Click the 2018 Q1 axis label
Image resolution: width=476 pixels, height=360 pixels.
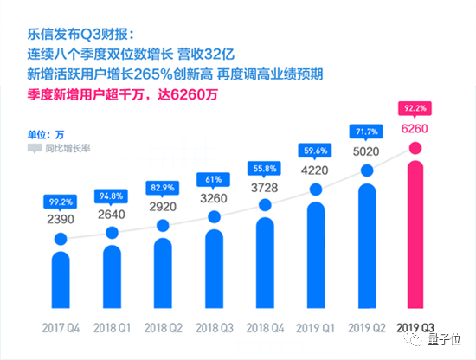click(x=111, y=330)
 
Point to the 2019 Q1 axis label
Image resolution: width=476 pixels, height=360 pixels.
click(x=315, y=330)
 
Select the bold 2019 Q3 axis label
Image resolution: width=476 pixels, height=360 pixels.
click(x=415, y=330)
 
